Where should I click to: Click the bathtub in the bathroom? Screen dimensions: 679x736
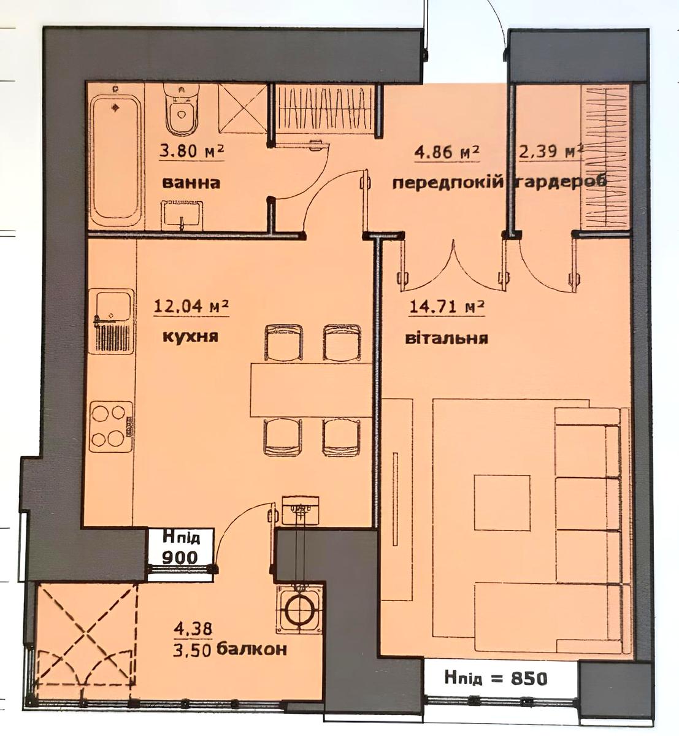(115, 161)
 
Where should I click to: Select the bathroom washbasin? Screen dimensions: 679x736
(182, 216)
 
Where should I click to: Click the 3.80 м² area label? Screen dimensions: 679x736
(191, 151)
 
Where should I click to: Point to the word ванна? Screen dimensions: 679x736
(191, 183)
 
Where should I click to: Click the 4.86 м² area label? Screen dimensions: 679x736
(447, 152)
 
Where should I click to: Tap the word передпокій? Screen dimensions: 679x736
(448, 183)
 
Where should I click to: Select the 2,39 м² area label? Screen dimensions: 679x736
(551, 151)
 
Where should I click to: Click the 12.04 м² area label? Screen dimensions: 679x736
(191, 307)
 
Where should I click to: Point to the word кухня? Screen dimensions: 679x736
(191, 337)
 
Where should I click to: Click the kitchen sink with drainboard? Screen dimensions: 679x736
(112, 321)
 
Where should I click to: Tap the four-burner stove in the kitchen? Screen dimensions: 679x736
(111, 426)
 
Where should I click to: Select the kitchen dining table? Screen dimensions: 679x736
(310, 390)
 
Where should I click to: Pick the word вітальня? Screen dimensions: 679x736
(447, 339)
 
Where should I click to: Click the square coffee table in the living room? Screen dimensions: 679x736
(502, 502)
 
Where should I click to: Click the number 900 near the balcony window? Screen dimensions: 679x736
(180, 557)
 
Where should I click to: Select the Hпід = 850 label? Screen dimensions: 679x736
(496, 678)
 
